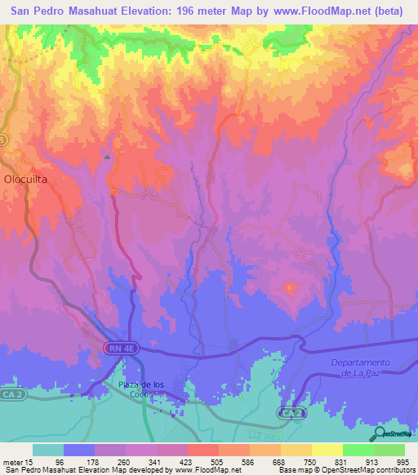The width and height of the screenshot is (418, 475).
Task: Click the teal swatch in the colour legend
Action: click(48, 450)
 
